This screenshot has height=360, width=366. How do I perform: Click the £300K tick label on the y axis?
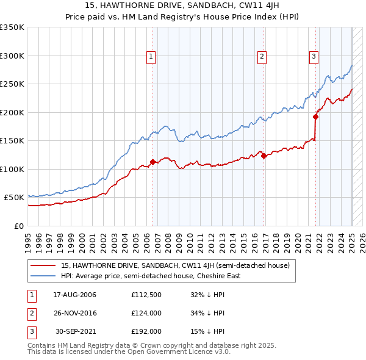pyautogui.click(x=12, y=56)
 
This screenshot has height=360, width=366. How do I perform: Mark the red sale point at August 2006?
pyautogui.click(x=152, y=162)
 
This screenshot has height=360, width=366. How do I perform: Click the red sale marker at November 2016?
pyautogui.click(x=264, y=156)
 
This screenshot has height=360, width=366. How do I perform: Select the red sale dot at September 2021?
pyautogui.click(x=315, y=117)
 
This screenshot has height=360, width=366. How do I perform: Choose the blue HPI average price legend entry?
pyautogui.click(x=150, y=276)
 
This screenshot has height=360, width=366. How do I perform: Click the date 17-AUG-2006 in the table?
pyautogui.click(x=75, y=295)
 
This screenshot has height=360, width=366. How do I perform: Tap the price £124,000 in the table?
pyautogui.click(x=146, y=313)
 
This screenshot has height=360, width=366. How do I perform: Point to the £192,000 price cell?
pyautogui.click(x=146, y=331)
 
